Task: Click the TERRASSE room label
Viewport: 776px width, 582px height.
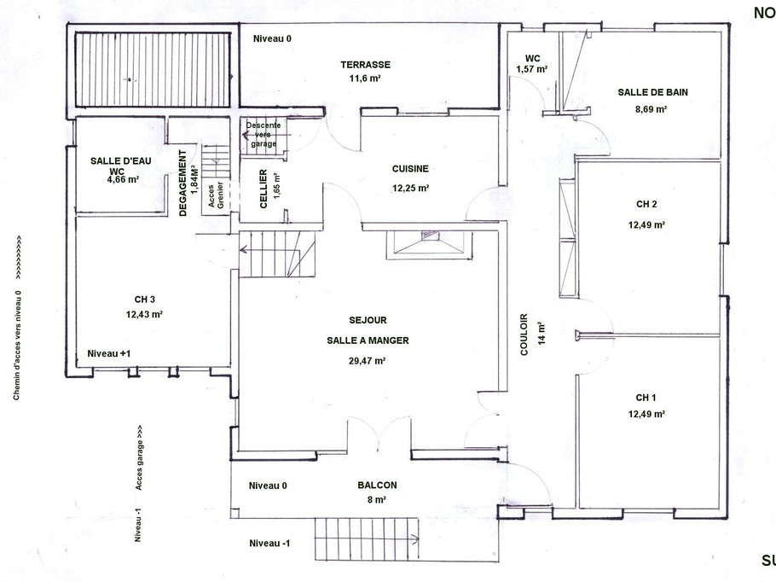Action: coord(364,65)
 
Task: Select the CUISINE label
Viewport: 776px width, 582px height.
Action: coord(410,169)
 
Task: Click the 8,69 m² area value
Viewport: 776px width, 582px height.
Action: coord(650,109)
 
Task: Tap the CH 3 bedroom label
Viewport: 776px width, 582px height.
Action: coord(144,300)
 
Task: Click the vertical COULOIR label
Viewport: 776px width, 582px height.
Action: coord(524,335)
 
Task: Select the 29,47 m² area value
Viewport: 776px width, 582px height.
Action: coord(367,360)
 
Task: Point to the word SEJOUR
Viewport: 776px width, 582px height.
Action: coord(368,320)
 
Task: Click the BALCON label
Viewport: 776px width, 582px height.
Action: coord(377,485)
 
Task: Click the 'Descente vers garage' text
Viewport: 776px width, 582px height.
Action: coord(263,135)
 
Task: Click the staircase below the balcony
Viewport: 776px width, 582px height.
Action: coord(365,538)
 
